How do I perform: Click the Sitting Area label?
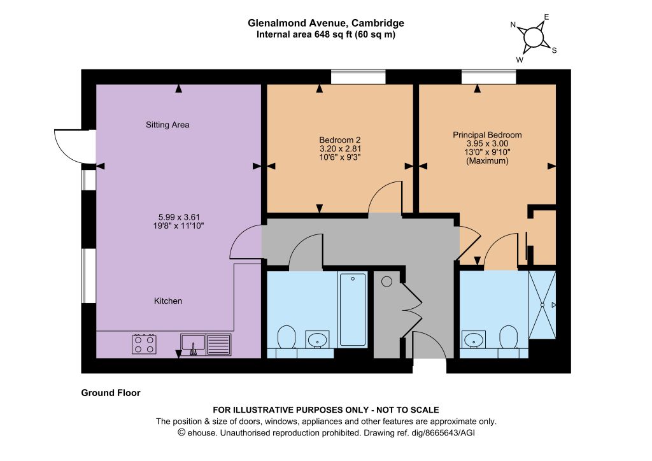[x=167, y=125]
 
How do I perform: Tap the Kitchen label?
[x=168, y=301]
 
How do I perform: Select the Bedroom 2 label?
[x=340, y=140]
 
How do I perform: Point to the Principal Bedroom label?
[x=487, y=135]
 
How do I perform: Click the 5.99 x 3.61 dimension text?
[x=179, y=217]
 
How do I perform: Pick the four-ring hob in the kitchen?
[x=145, y=344]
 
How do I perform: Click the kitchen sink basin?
[x=193, y=343]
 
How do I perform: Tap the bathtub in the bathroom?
[x=353, y=309]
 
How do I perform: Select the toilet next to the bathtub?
[x=286, y=337]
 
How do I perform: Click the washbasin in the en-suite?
[x=474, y=339]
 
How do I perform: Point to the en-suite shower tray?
[x=542, y=305]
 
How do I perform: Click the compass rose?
[x=534, y=38]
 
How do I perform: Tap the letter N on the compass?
[x=513, y=25]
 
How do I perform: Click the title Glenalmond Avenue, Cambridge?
[x=326, y=23]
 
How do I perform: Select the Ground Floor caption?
[x=111, y=393]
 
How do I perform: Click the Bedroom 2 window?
[x=358, y=77]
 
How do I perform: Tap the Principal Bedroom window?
[x=489, y=77]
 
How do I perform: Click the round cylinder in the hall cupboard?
[x=386, y=281]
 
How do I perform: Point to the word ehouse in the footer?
[x=202, y=433]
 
